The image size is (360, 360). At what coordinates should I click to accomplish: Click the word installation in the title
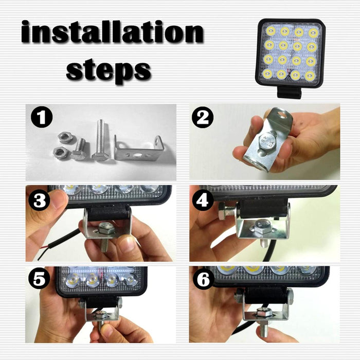tap(112, 33)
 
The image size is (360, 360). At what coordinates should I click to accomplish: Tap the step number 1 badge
tap(41, 118)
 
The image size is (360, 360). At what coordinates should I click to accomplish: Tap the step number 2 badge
tap(203, 118)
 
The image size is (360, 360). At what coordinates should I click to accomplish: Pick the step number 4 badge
tap(203, 200)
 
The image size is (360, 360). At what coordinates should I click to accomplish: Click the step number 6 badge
tap(203, 280)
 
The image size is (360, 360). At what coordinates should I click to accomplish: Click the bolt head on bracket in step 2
tap(267, 140)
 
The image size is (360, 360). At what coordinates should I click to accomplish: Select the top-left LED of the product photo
tap(270, 32)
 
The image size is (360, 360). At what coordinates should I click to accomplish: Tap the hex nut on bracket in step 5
tap(101, 314)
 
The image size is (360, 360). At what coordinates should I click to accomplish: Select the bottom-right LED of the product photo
tap(309, 75)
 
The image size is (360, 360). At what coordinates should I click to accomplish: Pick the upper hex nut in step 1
tap(65, 137)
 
